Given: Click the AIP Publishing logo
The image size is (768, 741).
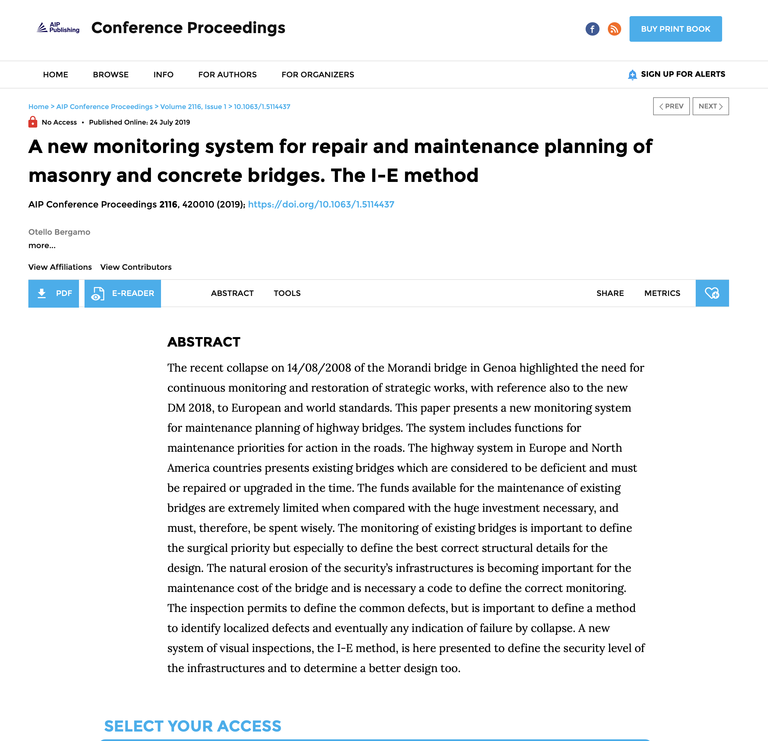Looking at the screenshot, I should pyautogui.click(x=58, y=28).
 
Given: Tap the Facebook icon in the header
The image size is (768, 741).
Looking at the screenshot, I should pyautogui.click(x=592, y=29).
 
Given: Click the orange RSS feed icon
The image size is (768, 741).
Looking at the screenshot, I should pyautogui.click(x=614, y=29).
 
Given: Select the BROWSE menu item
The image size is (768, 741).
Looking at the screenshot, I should pyautogui.click(x=110, y=75).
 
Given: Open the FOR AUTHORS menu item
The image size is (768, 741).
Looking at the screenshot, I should pyautogui.click(x=227, y=75).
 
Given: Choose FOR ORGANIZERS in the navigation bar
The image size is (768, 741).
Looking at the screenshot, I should pyautogui.click(x=317, y=75).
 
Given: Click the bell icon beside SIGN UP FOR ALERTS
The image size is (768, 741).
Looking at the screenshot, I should pyautogui.click(x=632, y=75).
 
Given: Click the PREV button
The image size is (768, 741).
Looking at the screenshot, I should pyautogui.click(x=671, y=106).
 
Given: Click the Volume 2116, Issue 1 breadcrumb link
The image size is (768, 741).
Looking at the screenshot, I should pyautogui.click(x=193, y=107).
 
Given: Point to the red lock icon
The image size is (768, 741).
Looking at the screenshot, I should pyautogui.click(x=33, y=122).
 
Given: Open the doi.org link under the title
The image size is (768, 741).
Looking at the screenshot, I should pyautogui.click(x=321, y=204).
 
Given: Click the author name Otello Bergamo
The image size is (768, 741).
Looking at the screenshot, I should pyautogui.click(x=59, y=232).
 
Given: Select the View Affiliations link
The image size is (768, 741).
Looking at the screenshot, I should pyautogui.click(x=60, y=267).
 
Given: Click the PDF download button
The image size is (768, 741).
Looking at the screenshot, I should pyautogui.click(x=54, y=293).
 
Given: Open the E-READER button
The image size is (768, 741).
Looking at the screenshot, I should pyautogui.click(x=123, y=293).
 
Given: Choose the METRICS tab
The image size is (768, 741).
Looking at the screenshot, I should pyautogui.click(x=662, y=293).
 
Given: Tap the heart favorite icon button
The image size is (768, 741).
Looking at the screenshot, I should pyautogui.click(x=712, y=293).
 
